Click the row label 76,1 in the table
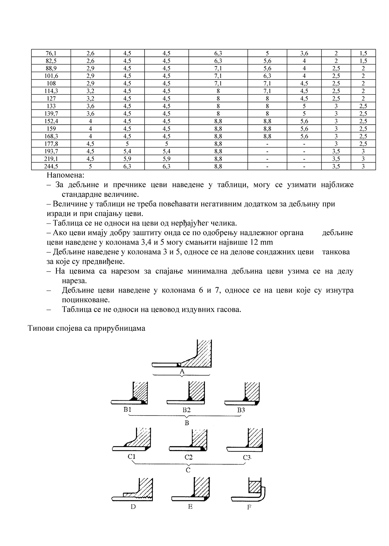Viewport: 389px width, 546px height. [51, 53]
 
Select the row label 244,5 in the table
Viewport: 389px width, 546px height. [51, 166]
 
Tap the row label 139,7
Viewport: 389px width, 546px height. [51, 113]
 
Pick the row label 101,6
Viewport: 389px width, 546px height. [51, 76]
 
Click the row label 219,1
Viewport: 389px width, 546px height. [51, 159]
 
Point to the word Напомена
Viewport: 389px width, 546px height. [66, 175]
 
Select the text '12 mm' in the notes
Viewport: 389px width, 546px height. [262, 242]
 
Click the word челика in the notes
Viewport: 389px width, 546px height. [223, 223]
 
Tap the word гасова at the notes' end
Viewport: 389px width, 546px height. [228, 309]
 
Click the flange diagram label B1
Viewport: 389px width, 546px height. [127, 410]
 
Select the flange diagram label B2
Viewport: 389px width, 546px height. [186, 410]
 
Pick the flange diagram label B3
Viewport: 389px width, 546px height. [241, 410]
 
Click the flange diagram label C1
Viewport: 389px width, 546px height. [131, 457]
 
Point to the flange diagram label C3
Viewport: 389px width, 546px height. [247, 457]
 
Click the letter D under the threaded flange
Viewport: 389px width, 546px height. [133, 506]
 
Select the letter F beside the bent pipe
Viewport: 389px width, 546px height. [249, 507]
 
